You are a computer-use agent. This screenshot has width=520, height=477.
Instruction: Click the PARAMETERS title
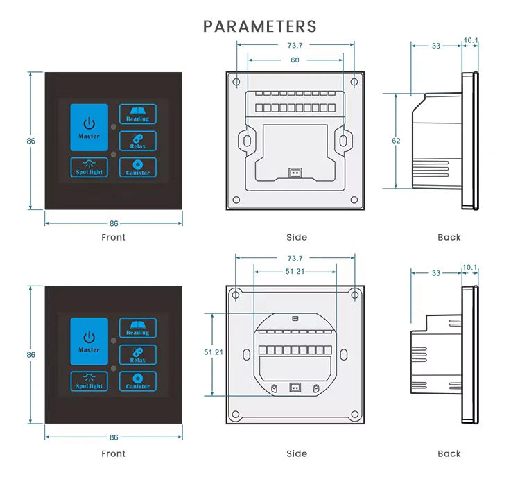click(260, 26)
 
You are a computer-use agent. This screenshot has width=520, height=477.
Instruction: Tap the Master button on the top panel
click(89, 128)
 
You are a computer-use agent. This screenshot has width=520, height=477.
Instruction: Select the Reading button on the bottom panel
click(137, 327)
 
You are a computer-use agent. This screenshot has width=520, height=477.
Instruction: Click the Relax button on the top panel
click(137, 141)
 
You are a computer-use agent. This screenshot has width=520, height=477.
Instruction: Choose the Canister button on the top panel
click(137, 167)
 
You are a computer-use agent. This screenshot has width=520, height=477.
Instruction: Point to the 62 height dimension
click(396, 141)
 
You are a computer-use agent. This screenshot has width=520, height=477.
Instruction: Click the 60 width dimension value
click(295, 60)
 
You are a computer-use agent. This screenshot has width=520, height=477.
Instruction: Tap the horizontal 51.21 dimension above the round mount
click(295, 271)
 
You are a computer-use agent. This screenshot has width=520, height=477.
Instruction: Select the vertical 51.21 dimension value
click(214, 352)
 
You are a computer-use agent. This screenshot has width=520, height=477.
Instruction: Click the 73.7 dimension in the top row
click(295, 46)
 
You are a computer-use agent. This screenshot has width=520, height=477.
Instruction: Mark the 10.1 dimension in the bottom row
click(470, 267)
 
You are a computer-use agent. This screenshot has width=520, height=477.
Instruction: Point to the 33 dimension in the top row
click(436, 46)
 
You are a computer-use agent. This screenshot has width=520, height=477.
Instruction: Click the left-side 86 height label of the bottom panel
click(31, 354)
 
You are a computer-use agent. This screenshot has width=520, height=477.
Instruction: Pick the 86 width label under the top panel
click(114, 223)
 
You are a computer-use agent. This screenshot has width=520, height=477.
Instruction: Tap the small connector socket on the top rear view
click(295, 173)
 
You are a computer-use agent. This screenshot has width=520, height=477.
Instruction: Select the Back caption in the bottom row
click(449, 453)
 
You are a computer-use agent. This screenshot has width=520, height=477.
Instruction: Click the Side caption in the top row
click(296, 237)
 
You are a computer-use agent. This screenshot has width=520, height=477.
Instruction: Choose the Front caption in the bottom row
click(114, 453)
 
